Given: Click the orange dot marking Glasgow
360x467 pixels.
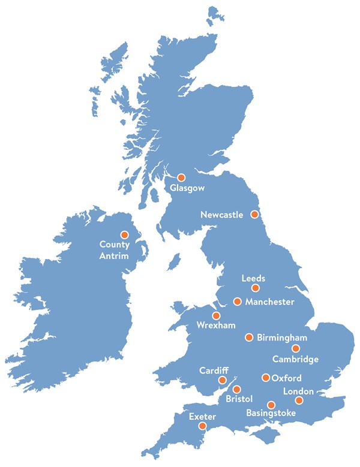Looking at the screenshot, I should (182, 177).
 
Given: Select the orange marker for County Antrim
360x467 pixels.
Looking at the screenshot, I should (125, 234).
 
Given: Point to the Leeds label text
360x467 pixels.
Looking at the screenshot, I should (253, 279).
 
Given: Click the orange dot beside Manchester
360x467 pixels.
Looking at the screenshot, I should (237, 301).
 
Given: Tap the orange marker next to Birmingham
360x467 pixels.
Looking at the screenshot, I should (248, 337).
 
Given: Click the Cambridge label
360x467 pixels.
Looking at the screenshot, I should (295, 359).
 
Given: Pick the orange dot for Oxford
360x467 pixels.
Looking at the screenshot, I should (266, 378).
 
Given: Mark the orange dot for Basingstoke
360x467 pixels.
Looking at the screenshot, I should (271, 405).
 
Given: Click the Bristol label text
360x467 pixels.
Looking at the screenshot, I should (239, 399).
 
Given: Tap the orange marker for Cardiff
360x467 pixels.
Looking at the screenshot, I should (223, 380).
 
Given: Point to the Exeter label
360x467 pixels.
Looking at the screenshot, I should (202, 416).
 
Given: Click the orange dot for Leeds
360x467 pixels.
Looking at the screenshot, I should (256, 288).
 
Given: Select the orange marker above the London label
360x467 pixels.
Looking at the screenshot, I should (299, 400).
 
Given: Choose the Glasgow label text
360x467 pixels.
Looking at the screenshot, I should (187, 188).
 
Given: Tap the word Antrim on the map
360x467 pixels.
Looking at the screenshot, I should (114, 257).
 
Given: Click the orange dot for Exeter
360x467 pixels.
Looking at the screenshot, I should (203, 426).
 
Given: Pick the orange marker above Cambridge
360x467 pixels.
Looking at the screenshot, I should (295, 348).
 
